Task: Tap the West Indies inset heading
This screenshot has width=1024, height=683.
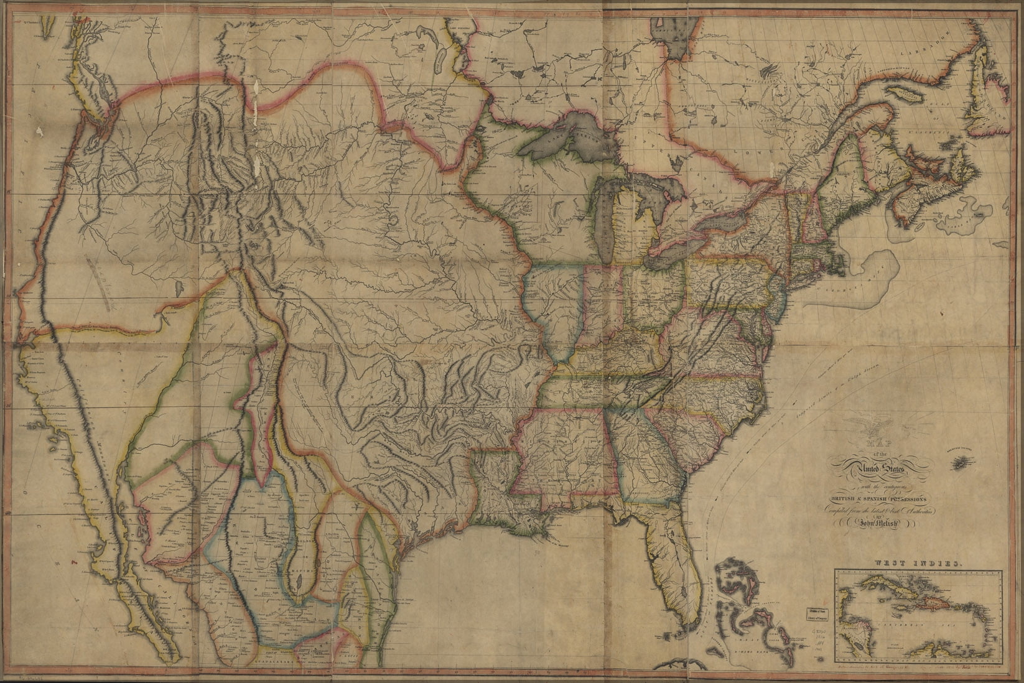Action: [918, 562]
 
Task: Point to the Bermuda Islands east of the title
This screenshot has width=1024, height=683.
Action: [962, 461]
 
